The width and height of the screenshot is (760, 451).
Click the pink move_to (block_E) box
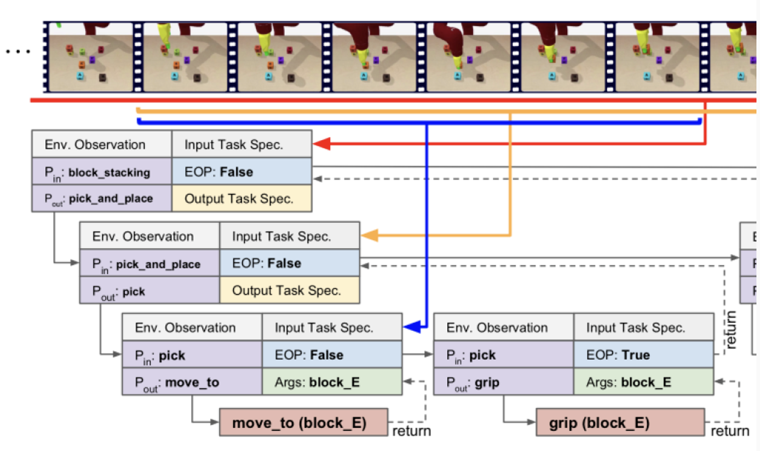click(303, 423)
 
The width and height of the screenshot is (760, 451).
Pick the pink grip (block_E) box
click(619, 423)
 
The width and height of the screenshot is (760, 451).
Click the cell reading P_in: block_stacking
click(102, 172)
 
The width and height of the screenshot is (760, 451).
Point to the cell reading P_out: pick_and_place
click(102, 199)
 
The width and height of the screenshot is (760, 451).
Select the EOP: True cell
click(643, 355)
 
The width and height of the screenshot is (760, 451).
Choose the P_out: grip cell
click(503, 381)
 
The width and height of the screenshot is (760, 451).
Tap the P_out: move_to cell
click(192, 381)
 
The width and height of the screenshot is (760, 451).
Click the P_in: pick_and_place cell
click(149, 264)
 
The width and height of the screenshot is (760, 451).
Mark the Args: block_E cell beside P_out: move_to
click(332, 381)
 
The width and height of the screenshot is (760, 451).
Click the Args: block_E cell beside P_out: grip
click(643, 381)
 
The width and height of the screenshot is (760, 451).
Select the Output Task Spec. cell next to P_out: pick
click(289, 290)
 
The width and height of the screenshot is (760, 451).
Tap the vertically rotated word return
click(731, 329)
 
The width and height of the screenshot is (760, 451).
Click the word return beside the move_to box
click(412, 431)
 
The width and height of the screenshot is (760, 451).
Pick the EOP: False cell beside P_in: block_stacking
click(241, 172)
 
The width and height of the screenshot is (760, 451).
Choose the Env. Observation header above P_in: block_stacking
click(102, 145)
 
